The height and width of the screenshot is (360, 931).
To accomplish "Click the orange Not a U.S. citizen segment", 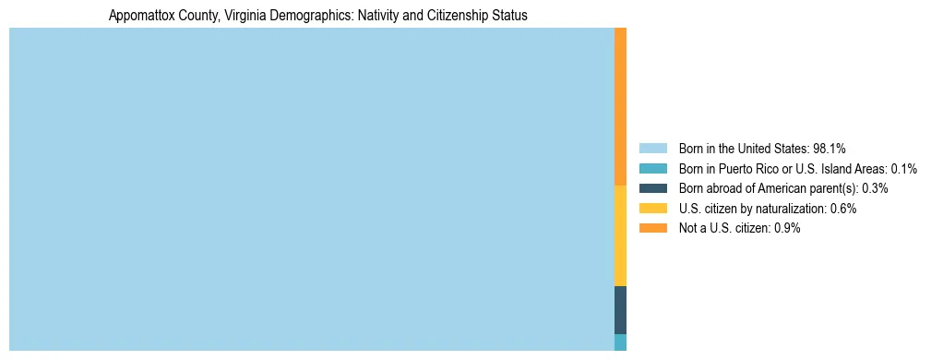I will [620, 106].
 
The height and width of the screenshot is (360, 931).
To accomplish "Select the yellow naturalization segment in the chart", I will [620, 235].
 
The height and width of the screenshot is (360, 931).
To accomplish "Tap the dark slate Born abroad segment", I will [620, 310].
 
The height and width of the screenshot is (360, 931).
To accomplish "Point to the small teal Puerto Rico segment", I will [620, 342].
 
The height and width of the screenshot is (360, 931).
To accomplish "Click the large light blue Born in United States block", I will [311, 189].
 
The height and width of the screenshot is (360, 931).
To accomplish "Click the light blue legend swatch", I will [652, 148].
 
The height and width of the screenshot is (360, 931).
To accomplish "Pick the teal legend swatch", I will [652, 168].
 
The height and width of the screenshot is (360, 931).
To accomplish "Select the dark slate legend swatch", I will [652, 188].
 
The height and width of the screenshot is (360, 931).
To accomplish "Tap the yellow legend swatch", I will [652, 209].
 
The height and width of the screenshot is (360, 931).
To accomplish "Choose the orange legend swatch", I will [652, 229].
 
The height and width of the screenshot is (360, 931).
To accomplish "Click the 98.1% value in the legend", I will [830, 148].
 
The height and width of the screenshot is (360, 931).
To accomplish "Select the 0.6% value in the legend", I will [843, 209].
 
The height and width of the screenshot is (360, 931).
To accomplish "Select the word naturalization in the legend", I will [796, 209].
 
